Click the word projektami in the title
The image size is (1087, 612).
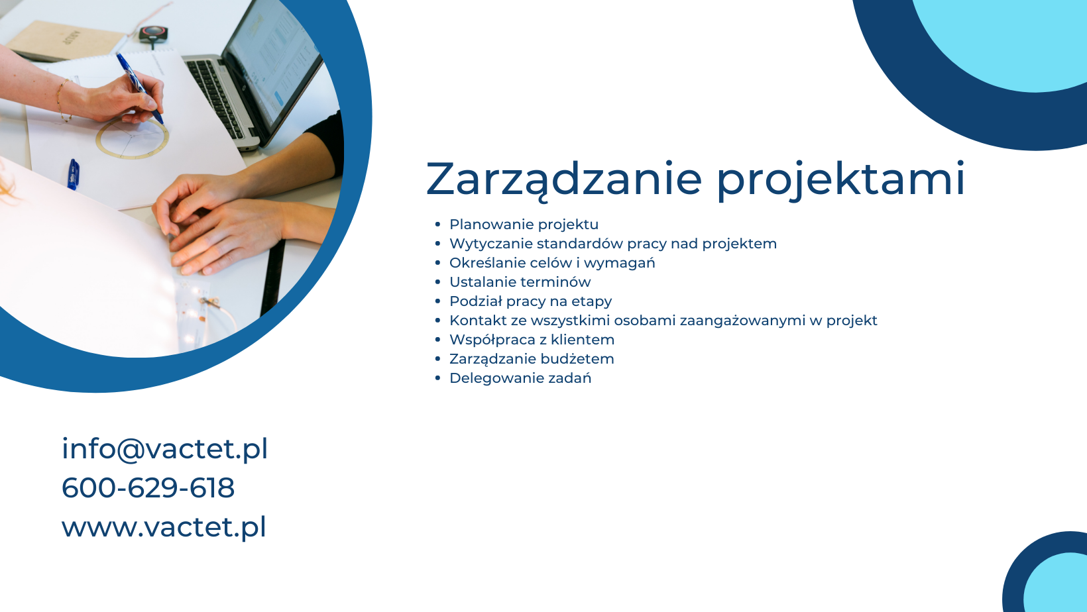click(x=840, y=179)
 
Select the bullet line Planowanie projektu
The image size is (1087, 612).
click(x=524, y=225)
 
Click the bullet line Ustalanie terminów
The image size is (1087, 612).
click(x=520, y=281)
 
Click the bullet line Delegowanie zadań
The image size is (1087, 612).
click(x=520, y=378)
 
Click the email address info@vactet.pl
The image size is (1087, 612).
click(x=164, y=448)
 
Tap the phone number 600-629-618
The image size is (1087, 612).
click(x=148, y=487)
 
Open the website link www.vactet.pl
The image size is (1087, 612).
click(x=164, y=527)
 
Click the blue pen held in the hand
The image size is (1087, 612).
click(x=140, y=88)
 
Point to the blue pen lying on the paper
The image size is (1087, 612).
click(x=74, y=174)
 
